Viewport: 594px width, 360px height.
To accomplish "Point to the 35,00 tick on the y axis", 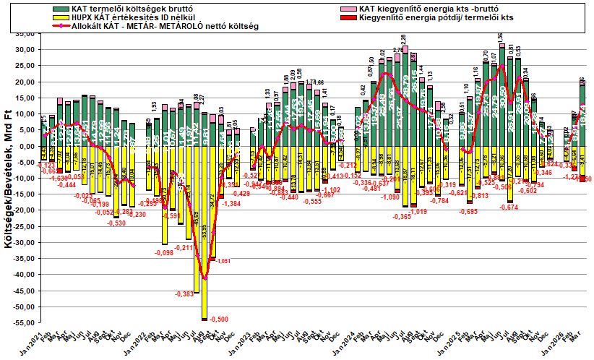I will (x=26, y=33).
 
